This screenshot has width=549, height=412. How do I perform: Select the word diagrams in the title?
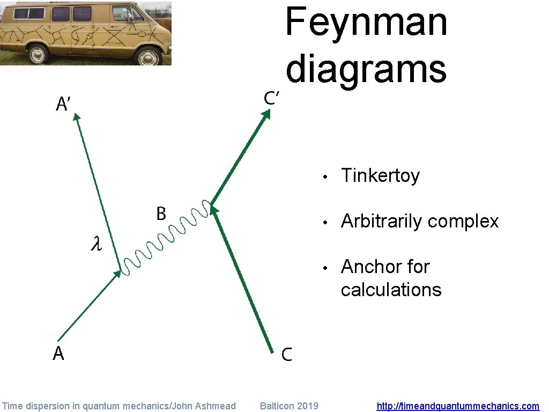(366, 69)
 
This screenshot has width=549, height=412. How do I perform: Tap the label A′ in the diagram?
(63, 103)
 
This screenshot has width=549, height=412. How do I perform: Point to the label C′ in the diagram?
(272, 98)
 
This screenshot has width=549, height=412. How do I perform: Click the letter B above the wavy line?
(161, 214)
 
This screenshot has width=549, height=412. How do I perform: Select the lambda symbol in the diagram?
(97, 245)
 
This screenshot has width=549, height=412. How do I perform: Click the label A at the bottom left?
(58, 354)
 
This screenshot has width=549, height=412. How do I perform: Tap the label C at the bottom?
(287, 354)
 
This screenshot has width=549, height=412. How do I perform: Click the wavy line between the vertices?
(164, 239)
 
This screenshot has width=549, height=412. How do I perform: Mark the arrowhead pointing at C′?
(266, 114)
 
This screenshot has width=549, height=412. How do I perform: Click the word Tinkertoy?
(380, 175)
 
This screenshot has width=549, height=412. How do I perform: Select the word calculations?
(391, 290)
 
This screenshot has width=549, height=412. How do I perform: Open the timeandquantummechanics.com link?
(458, 406)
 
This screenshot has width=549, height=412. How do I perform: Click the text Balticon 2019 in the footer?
(288, 406)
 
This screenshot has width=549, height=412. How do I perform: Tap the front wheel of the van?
(149, 56)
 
